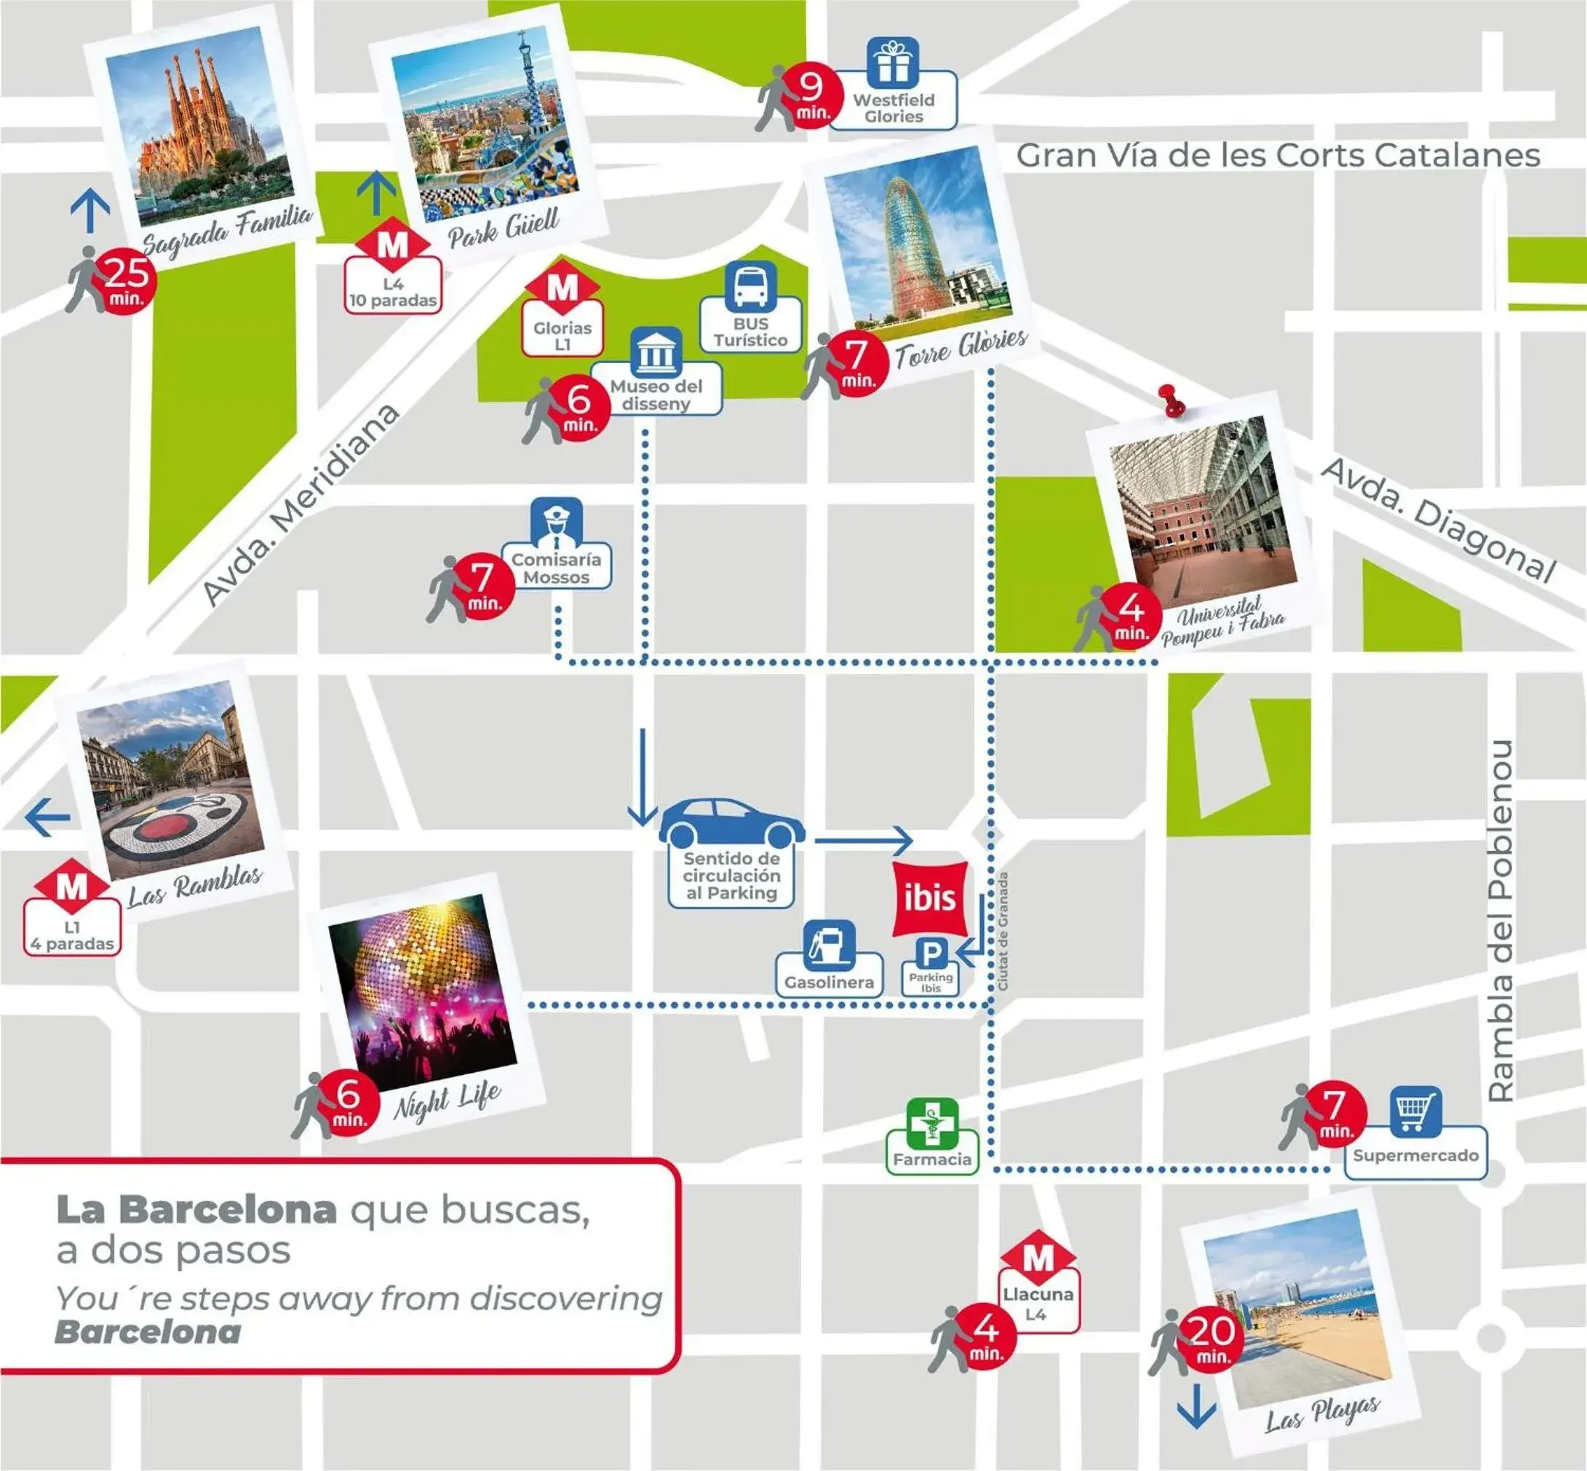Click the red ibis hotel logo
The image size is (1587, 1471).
[x=931, y=898]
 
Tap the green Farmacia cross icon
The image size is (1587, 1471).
[x=932, y=1123]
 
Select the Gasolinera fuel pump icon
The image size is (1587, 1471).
[x=830, y=945]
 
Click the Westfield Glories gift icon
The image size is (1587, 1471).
[x=893, y=62]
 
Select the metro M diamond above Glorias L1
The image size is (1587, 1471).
[x=562, y=288]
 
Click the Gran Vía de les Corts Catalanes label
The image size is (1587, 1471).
[x=1278, y=155]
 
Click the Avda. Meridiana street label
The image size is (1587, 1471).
[x=300, y=504]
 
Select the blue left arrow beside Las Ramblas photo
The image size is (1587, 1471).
[x=48, y=817]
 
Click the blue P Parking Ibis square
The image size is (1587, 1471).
[x=931, y=953]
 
